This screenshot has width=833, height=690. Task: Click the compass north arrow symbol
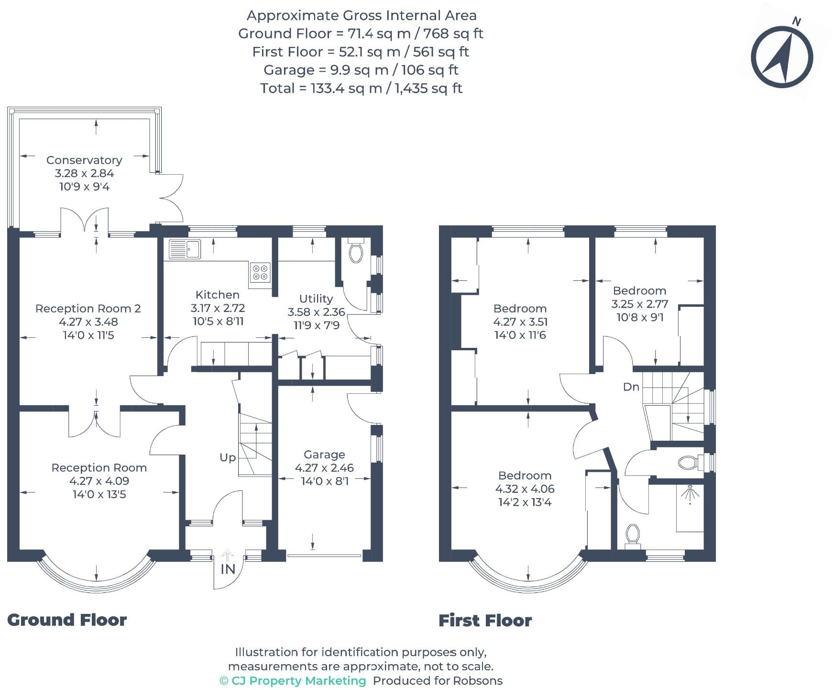pos(782,56)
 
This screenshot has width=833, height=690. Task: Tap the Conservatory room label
pos(84,160)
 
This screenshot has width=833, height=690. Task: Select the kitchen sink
pos(185,249)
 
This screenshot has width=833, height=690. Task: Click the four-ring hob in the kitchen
pos(260,272)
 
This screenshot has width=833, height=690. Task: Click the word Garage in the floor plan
pos(324,455)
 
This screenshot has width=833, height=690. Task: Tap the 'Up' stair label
pos(228,457)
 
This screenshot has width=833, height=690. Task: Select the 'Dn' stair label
pos(631,387)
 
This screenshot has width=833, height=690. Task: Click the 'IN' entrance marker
pos(228,569)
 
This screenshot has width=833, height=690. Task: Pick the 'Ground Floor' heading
pos(67,620)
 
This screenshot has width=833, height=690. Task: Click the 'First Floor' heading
pos(485,621)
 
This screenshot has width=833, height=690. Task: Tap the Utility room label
pos(316,299)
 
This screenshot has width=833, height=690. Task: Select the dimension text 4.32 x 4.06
pos(525,489)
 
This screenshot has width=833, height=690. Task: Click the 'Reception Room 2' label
pos(88,308)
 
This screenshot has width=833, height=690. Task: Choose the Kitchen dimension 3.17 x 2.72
pos(218,308)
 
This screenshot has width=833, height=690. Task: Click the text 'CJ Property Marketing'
pos(298,680)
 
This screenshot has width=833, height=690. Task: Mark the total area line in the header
pos(361,88)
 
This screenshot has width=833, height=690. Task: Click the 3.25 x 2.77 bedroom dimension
pos(639,304)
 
